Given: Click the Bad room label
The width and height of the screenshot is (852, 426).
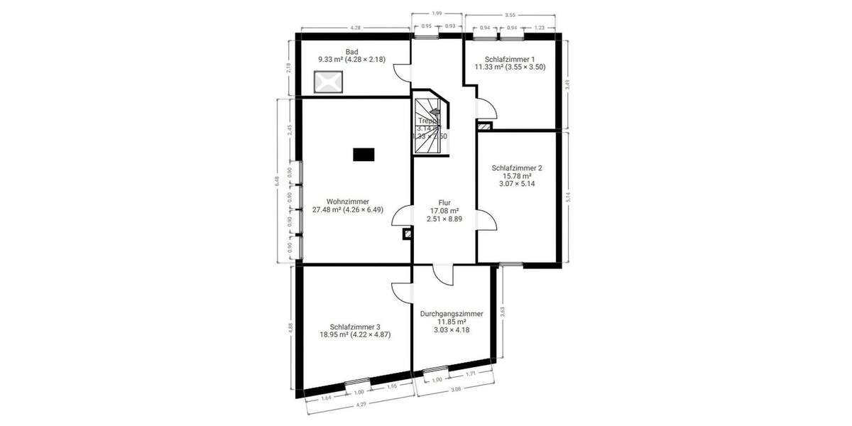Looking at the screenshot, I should click(351, 55).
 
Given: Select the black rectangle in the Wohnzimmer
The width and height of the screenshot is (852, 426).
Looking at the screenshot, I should click(364, 154).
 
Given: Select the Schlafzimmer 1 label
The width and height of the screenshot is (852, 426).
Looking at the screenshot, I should click(510, 62).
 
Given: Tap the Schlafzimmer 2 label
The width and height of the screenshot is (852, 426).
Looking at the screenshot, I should click(517, 175).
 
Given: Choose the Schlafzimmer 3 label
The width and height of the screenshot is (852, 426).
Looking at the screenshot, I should click(355, 330).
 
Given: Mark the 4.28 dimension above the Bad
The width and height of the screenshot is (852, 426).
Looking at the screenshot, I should click(355, 28).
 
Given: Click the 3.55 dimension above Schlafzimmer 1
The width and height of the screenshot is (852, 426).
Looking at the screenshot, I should click(510, 14).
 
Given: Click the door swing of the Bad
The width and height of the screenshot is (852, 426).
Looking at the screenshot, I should click(402, 70).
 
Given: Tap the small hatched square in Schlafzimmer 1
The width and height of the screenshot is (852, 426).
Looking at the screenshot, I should click(484, 126).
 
